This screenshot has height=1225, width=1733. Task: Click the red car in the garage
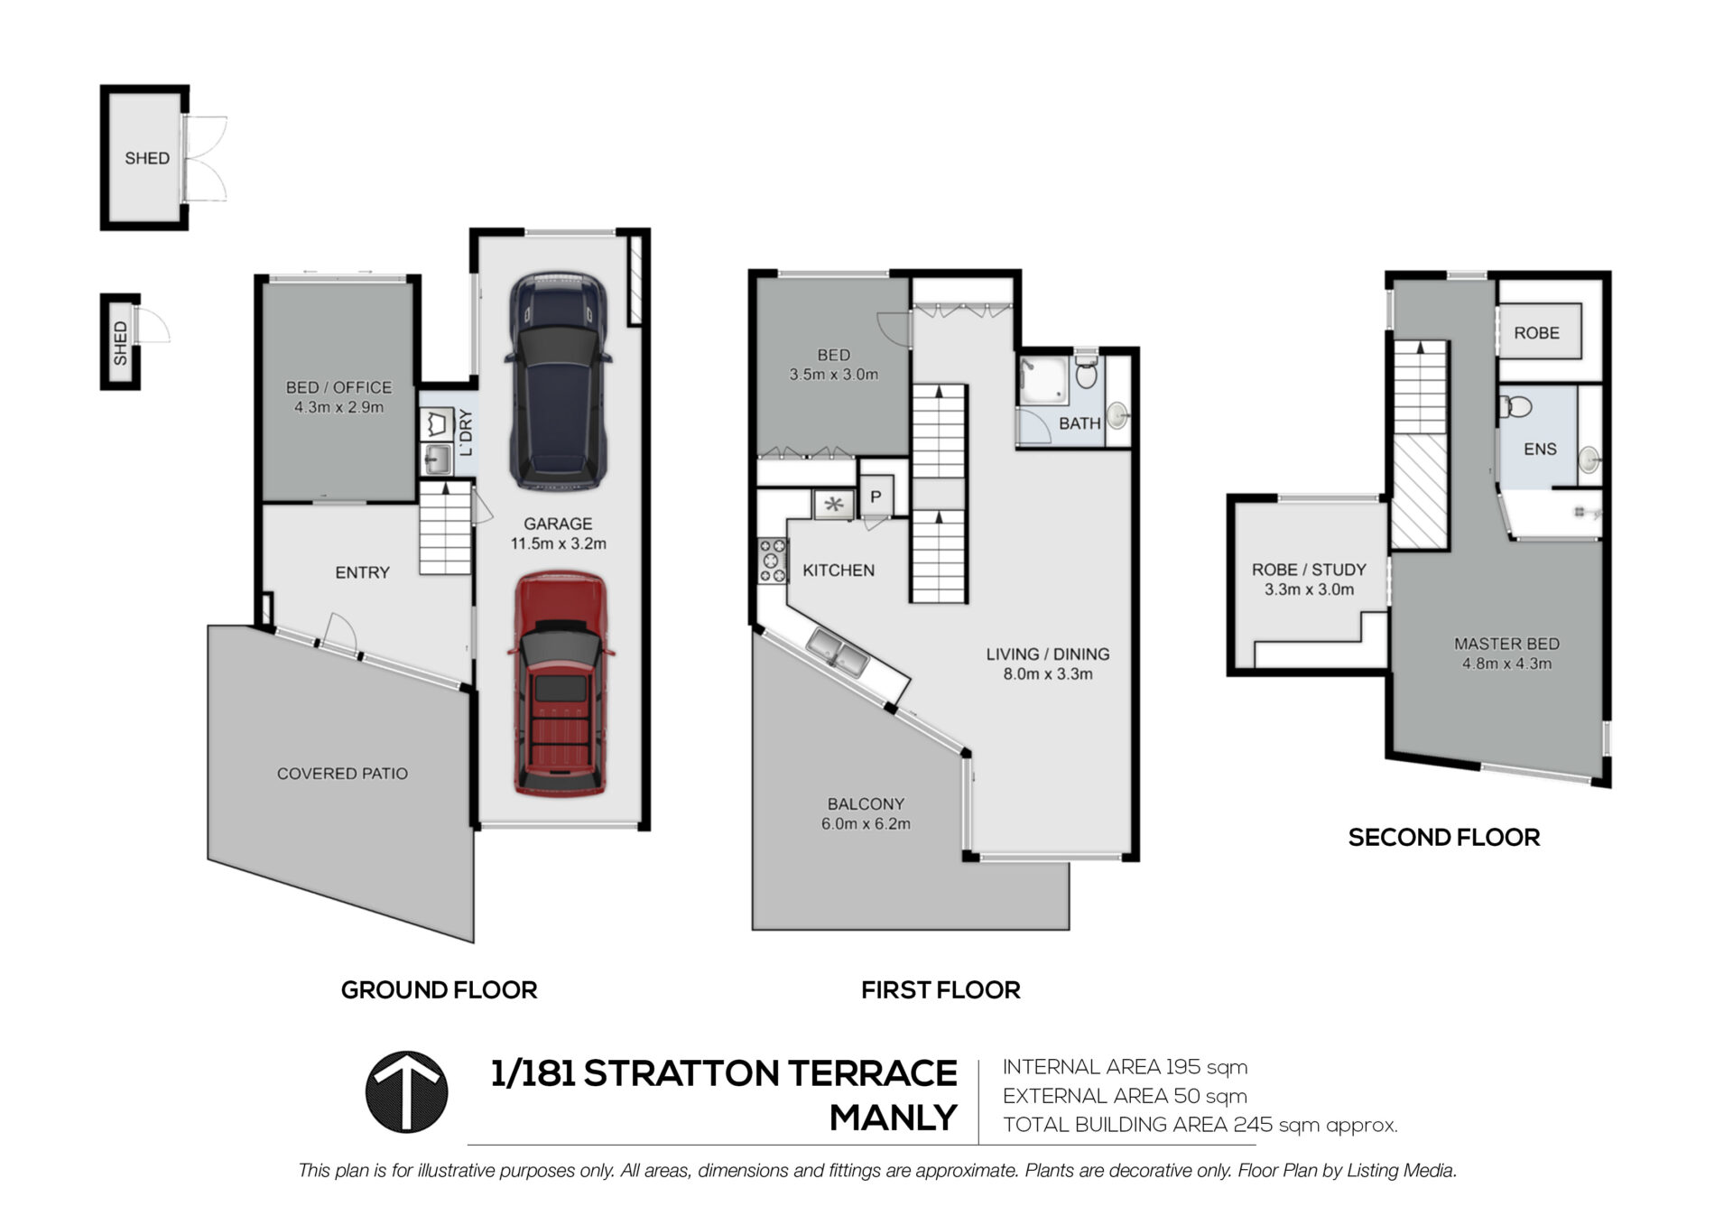point(560,683)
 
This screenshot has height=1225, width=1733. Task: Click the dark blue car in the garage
point(557,381)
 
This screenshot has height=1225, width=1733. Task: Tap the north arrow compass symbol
point(406,1091)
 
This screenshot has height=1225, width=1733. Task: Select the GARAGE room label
point(558,524)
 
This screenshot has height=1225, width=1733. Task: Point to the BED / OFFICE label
point(338,387)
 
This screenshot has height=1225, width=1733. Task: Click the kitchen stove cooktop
point(772,561)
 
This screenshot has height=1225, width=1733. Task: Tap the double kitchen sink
point(837,654)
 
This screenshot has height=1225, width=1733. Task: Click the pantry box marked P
point(876,496)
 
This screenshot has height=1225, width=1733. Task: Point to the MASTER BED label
point(1506,644)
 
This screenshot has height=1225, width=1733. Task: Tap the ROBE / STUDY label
point(1309,570)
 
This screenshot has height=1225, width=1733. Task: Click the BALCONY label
point(866,803)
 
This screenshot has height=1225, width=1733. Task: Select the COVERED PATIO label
point(342,774)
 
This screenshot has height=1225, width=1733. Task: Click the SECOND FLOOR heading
point(1443,838)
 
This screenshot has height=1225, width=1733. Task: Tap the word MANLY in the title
point(893,1118)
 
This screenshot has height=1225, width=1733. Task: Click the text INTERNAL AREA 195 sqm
point(1125,1067)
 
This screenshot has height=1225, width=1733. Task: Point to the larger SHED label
point(147,159)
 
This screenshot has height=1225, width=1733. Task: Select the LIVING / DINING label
point(1047,654)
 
